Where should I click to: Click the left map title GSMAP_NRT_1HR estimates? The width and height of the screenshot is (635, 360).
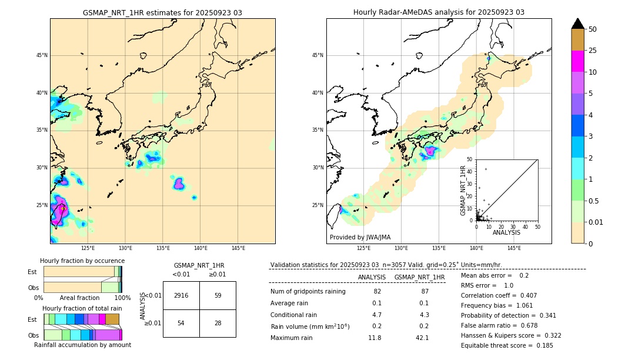pos(162,12)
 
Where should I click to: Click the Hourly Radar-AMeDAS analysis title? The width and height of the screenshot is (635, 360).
pos(439,12)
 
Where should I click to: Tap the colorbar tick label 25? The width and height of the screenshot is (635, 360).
pos(593,51)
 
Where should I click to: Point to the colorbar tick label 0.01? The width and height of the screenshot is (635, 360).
pos(596,222)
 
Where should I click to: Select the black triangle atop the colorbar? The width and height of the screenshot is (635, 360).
pos(578,24)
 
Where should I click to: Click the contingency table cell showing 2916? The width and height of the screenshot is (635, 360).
pos(181,295)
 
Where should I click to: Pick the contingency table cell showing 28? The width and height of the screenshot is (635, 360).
pos(218,323)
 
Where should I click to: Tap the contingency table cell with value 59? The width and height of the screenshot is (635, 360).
pos(218,295)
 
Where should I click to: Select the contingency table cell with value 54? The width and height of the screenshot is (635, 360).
pos(181,323)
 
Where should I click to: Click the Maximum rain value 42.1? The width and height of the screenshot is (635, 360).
pos(422,338)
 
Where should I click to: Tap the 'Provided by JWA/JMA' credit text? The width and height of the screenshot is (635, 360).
pos(360,237)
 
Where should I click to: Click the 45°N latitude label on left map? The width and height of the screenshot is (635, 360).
pos(42,55)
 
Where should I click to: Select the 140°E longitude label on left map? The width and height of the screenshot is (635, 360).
pos(200,248)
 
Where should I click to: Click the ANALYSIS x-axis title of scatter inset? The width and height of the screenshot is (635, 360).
pos(506,232)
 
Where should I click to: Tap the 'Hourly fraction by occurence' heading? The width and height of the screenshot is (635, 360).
pos(82,261)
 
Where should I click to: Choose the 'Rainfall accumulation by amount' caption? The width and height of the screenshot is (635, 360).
pos(83,345)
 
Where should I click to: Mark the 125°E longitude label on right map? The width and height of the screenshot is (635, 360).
pos(364,248)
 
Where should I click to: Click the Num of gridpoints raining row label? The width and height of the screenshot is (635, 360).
pos(308,291)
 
